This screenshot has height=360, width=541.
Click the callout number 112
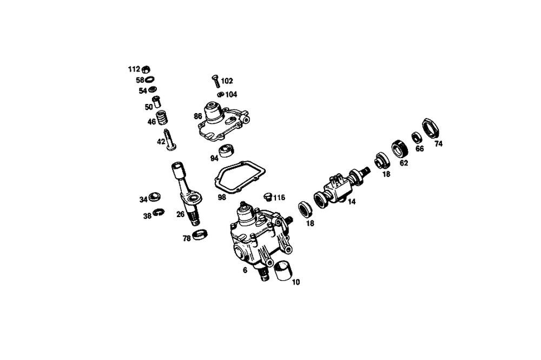[134, 69]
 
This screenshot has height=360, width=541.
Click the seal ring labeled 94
[226, 152]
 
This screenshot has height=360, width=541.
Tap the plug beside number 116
[267, 196]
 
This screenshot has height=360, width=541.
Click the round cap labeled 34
[154, 197]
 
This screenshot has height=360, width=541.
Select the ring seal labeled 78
[200, 235]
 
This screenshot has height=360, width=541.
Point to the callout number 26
[180, 213]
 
